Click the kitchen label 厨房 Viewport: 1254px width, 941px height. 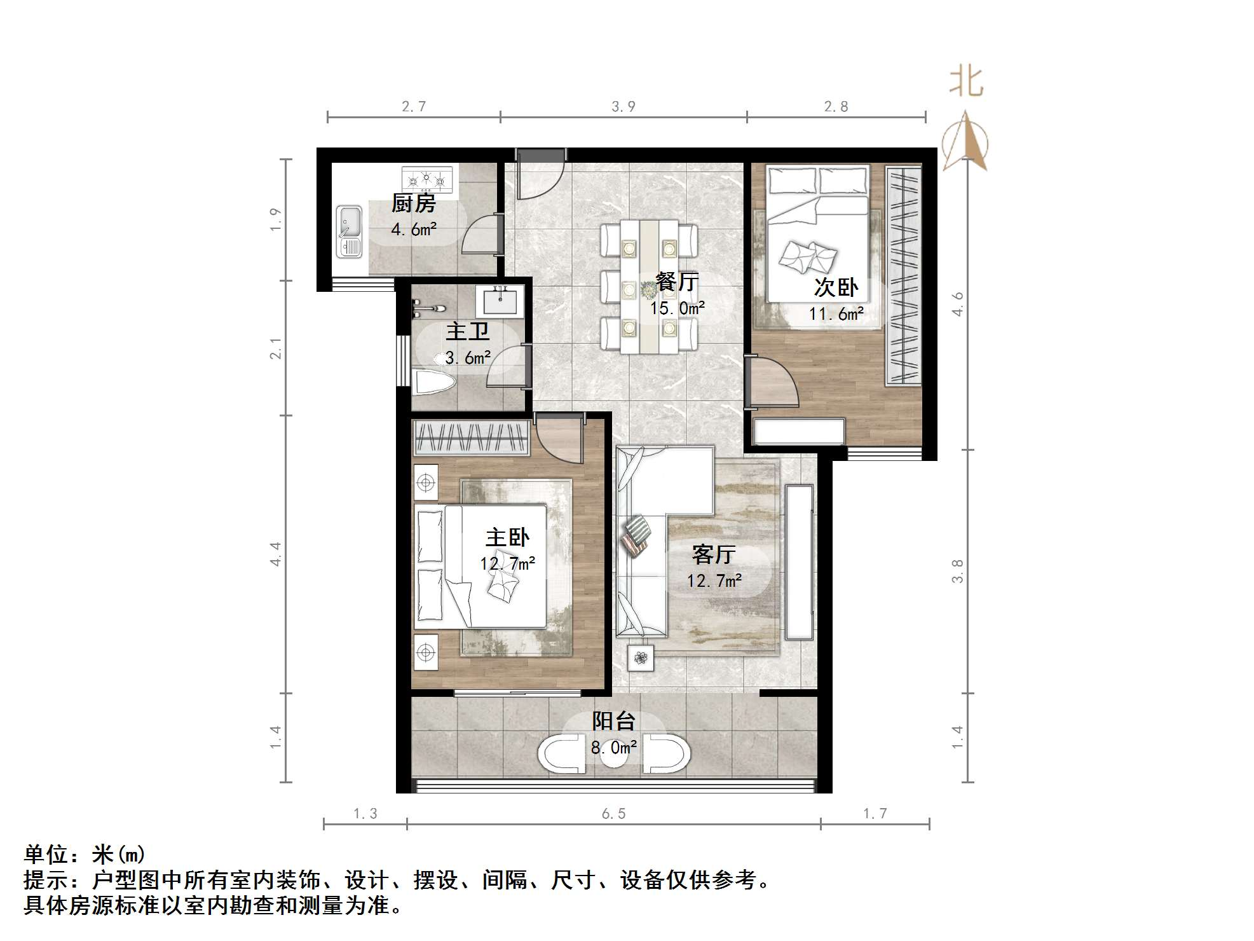[x=414, y=204]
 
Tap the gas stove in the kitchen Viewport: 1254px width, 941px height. [x=427, y=179]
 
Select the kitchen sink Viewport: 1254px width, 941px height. [x=349, y=231]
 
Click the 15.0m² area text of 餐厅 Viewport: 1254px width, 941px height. [x=677, y=308]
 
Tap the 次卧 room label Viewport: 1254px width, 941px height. [x=836, y=287]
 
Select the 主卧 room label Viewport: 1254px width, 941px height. [x=507, y=538]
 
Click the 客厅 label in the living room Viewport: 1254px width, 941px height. [x=714, y=554]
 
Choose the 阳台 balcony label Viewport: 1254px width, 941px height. [x=613, y=721]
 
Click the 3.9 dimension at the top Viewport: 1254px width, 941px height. [x=624, y=107]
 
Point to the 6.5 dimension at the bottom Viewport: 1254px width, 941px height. [x=614, y=814]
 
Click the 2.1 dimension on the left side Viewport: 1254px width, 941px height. [x=275, y=348]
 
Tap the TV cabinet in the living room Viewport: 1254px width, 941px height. [x=799, y=562]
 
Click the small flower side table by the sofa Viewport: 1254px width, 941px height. [x=640, y=658]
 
